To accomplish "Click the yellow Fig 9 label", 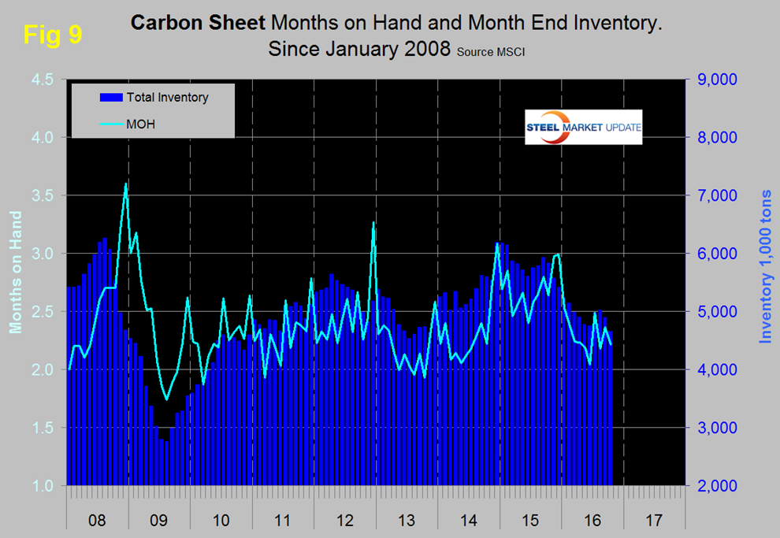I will click(52, 35).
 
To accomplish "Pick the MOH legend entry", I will click(140, 123).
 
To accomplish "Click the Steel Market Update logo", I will click(583, 128).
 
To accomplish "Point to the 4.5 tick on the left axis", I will click(40, 80).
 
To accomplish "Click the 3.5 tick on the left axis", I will click(40, 195).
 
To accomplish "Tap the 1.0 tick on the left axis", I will click(40, 486).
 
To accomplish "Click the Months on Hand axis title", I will click(15, 272).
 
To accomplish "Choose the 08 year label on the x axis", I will click(97, 521).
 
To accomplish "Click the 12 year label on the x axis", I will click(345, 521).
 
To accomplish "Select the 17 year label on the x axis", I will click(653, 521).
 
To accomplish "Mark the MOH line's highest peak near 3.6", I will click(126, 184).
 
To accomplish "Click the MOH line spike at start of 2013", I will click(373, 223).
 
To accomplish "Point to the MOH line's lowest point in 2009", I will click(166, 399).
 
